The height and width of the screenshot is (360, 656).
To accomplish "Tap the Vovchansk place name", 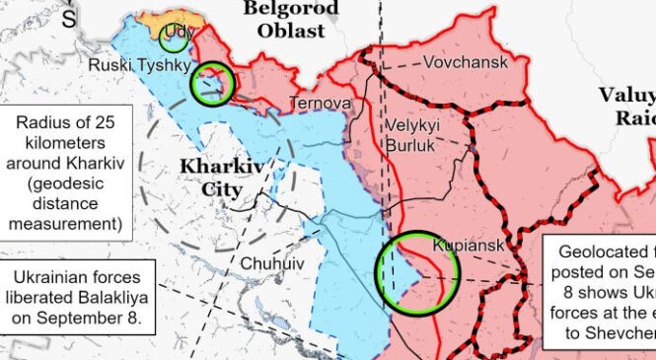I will (466, 62).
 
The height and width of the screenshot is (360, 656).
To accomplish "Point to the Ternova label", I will (320, 103).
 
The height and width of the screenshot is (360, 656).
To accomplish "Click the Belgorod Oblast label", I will (291, 20).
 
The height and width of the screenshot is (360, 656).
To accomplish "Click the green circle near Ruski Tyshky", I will (213, 84).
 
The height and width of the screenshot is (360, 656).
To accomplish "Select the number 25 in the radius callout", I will (115, 122).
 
